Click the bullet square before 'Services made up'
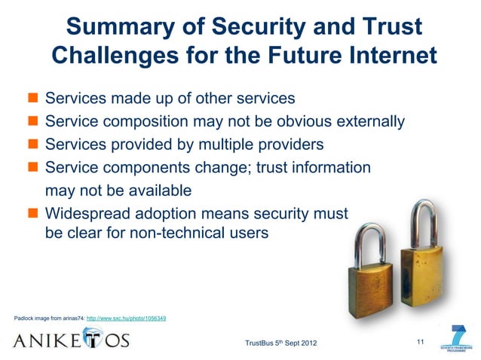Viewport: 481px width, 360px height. pyautogui.click(x=33, y=99)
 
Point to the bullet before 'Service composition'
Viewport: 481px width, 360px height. pyautogui.click(x=33, y=122)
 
